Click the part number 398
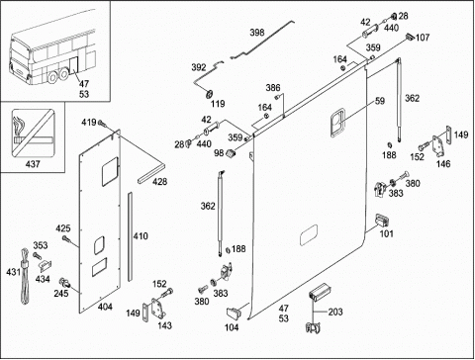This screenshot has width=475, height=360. pos(257,33)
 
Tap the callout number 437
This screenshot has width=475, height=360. pos(33,164)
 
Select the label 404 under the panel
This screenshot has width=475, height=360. pos(105,307)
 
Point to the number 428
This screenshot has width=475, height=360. pos(159,182)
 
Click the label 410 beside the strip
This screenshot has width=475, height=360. pos(141,236)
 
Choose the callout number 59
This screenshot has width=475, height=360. pos(380,101)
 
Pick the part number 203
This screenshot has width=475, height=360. pos(335,312)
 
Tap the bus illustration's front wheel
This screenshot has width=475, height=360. pos(52,78)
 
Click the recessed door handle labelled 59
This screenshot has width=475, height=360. pos(337,123)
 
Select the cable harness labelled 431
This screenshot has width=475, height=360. pos(26,277)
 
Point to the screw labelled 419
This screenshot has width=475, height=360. pos(102,124)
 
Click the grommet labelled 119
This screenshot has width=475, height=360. pos(209,94)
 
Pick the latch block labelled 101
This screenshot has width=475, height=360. pos(382,220)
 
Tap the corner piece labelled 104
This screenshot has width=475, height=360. pos(234,314)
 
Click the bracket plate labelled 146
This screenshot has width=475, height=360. pos(439,146)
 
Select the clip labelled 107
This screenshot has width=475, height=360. pos(410,37)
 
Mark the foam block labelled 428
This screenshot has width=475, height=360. pos(150,173)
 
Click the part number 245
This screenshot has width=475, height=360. pos(61,294)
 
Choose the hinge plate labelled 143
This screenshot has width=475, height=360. pos(156,309)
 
